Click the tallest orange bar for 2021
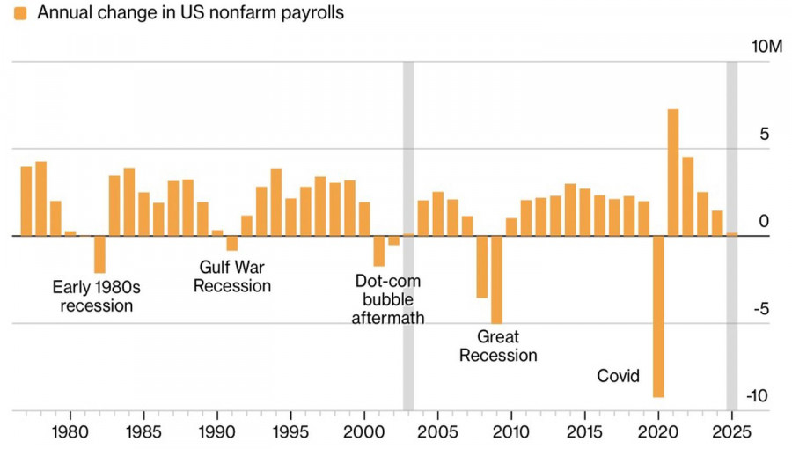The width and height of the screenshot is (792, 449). tap(673, 173)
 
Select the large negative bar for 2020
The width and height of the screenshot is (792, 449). tap(658, 317)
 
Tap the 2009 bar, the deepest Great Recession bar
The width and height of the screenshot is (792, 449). tap(496, 280)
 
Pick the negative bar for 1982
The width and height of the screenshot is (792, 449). tap(99, 254)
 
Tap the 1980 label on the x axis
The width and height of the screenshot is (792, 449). tap(70, 432)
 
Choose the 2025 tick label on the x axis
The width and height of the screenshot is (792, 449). tap(731, 432)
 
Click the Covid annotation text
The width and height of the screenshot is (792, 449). tap(618, 376)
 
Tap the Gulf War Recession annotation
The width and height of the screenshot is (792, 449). tap(232, 276)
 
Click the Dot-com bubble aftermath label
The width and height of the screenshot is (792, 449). tap(388, 299)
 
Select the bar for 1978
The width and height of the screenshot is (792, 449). tap(40, 199)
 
